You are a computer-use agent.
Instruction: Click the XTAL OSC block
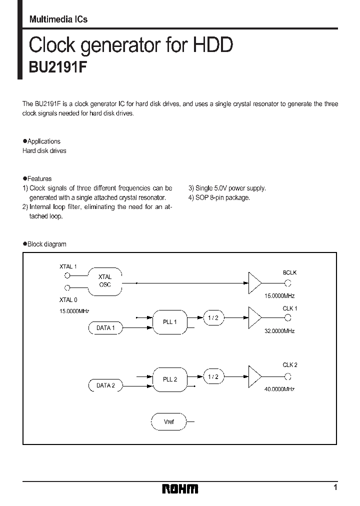[105, 281]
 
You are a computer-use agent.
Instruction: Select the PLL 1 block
[170, 321]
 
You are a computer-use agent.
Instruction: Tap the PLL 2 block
[170, 379]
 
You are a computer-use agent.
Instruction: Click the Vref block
[169, 422]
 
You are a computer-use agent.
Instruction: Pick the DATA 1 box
[105, 328]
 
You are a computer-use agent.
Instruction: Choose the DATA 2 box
[105, 385]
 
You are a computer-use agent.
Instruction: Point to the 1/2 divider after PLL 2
[213, 376]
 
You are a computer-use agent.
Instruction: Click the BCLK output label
[289, 273]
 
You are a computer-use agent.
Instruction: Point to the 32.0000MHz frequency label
[279, 331]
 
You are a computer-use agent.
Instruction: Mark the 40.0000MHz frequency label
[279, 389]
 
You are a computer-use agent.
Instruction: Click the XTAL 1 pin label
[68, 266]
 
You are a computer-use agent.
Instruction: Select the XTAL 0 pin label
[68, 300]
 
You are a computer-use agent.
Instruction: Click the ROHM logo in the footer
[180, 489]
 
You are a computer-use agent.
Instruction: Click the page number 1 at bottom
[335, 487]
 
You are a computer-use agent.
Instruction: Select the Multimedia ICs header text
[58, 19]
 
